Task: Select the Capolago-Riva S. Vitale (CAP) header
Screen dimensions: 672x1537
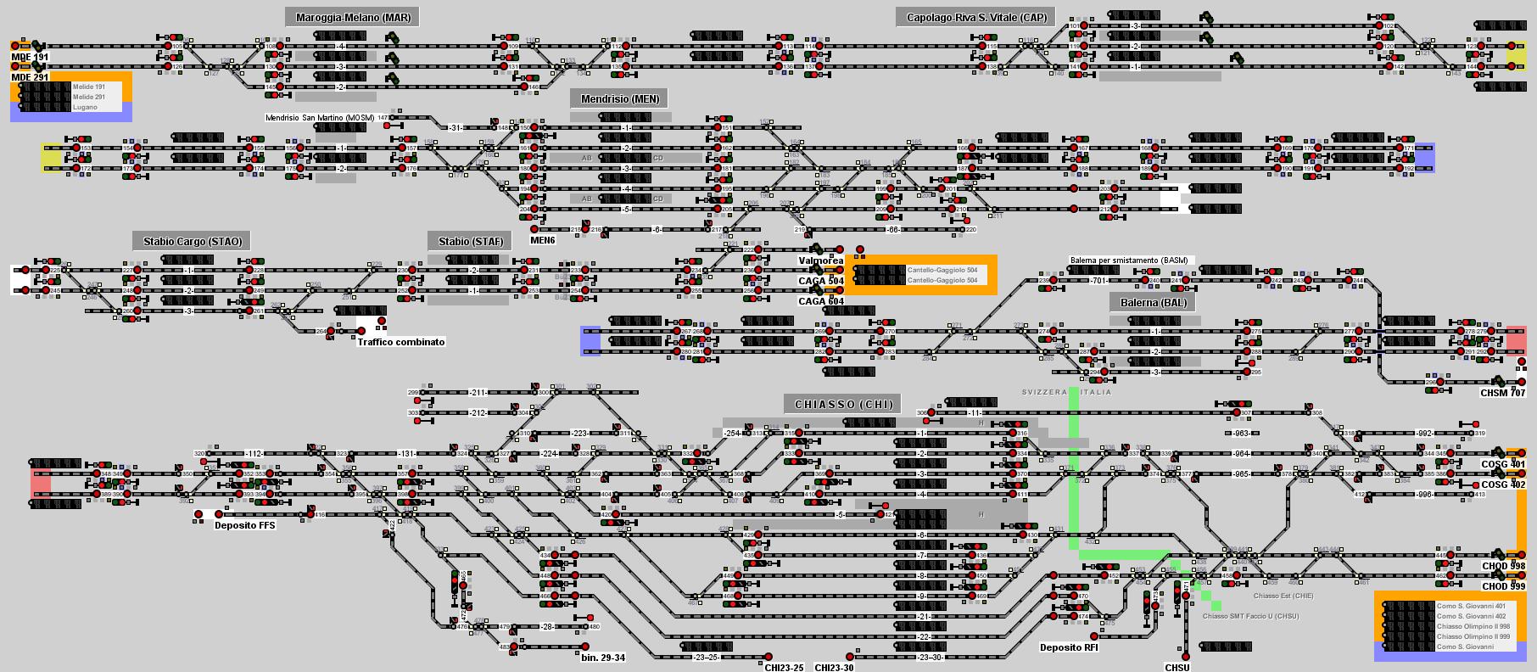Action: click(976, 17)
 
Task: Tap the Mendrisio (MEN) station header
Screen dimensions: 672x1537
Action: click(619, 98)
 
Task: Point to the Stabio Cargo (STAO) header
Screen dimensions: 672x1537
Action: click(193, 241)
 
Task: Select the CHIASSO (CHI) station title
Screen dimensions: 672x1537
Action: click(843, 404)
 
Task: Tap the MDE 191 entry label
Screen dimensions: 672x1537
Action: click(30, 57)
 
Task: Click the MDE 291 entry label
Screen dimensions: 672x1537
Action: click(30, 77)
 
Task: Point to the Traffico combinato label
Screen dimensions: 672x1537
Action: click(400, 342)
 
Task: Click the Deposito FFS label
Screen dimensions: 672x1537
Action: click(244, 525)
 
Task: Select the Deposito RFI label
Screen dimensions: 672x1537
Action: click(1069, 647)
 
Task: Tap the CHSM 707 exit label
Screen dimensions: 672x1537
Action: click(1503, 393)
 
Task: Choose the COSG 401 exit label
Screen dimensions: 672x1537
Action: click(1503, 464)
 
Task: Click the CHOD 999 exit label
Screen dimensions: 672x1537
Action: click(1503, 586)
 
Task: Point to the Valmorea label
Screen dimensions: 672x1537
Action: click(820, 260)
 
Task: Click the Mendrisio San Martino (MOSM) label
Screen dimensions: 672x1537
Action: click(320, 118)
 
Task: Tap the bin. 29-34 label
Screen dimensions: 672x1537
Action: click(603, 658)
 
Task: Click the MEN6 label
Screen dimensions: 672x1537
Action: click(542, 240)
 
